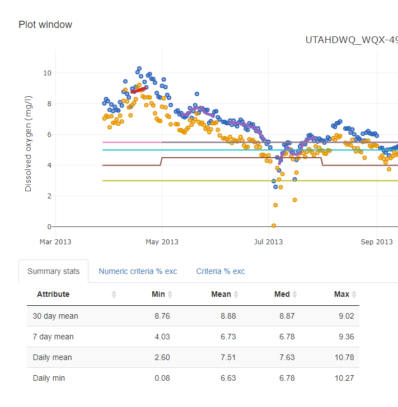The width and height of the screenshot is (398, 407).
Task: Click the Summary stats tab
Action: [x=53, y=271]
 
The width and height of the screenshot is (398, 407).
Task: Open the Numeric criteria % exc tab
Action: [x=138, y=271]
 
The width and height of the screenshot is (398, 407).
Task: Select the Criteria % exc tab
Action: [x=220, y=271]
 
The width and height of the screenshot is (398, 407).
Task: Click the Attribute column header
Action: [x=53, y=294]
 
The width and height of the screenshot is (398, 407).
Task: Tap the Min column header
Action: [x=158, y=294]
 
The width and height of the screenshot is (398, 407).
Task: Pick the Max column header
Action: [x=341, y=294]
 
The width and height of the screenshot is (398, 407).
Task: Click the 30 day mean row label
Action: [x=55, y=316]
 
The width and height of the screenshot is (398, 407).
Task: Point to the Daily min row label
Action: [x=49, y=378]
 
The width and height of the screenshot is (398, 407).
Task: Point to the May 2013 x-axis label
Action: [x=162, y=242]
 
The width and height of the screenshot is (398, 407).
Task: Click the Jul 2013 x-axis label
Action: [x=268, y=242]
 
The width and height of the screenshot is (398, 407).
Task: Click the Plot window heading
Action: [x=45, y=25]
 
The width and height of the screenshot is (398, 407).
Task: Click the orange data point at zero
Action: [x=274, y=225]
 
